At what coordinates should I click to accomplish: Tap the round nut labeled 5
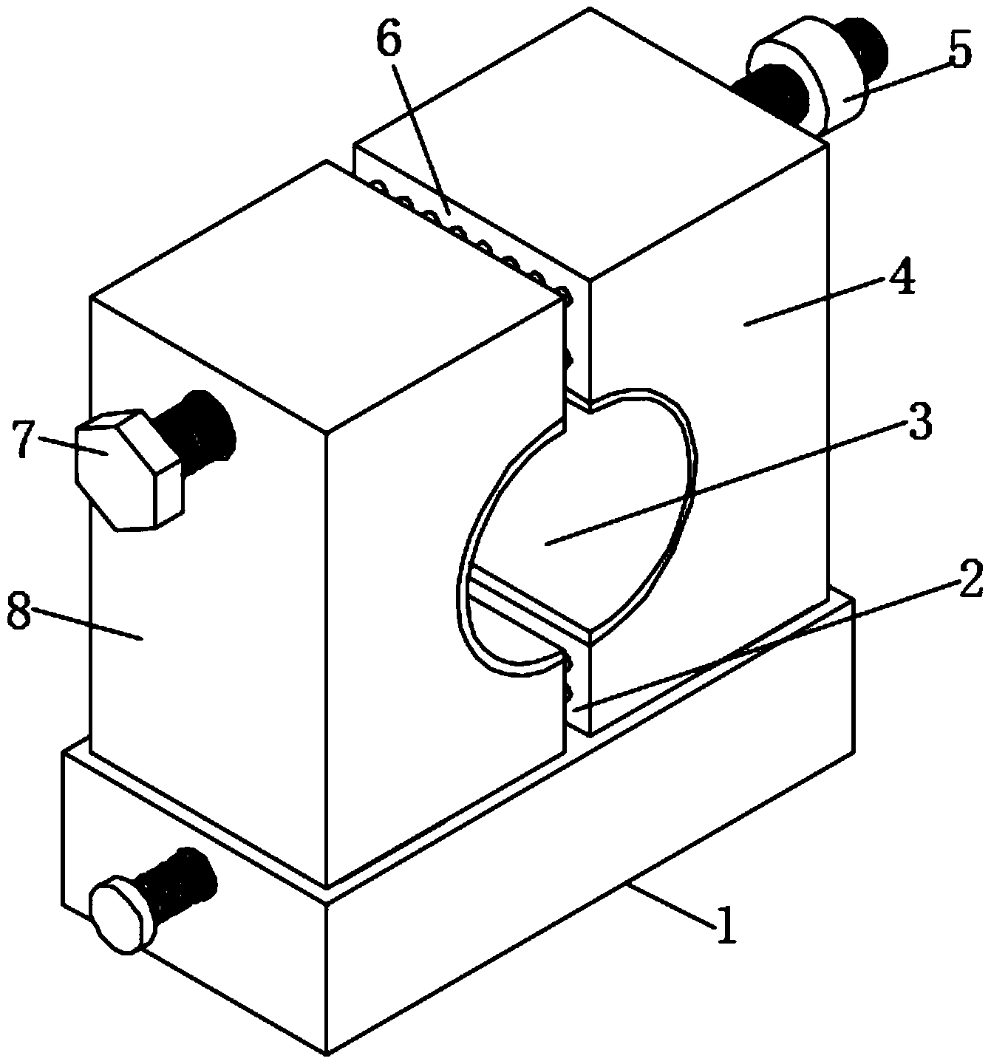(x=806, y=85)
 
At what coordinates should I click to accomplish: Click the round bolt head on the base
(x=121, y=914)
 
